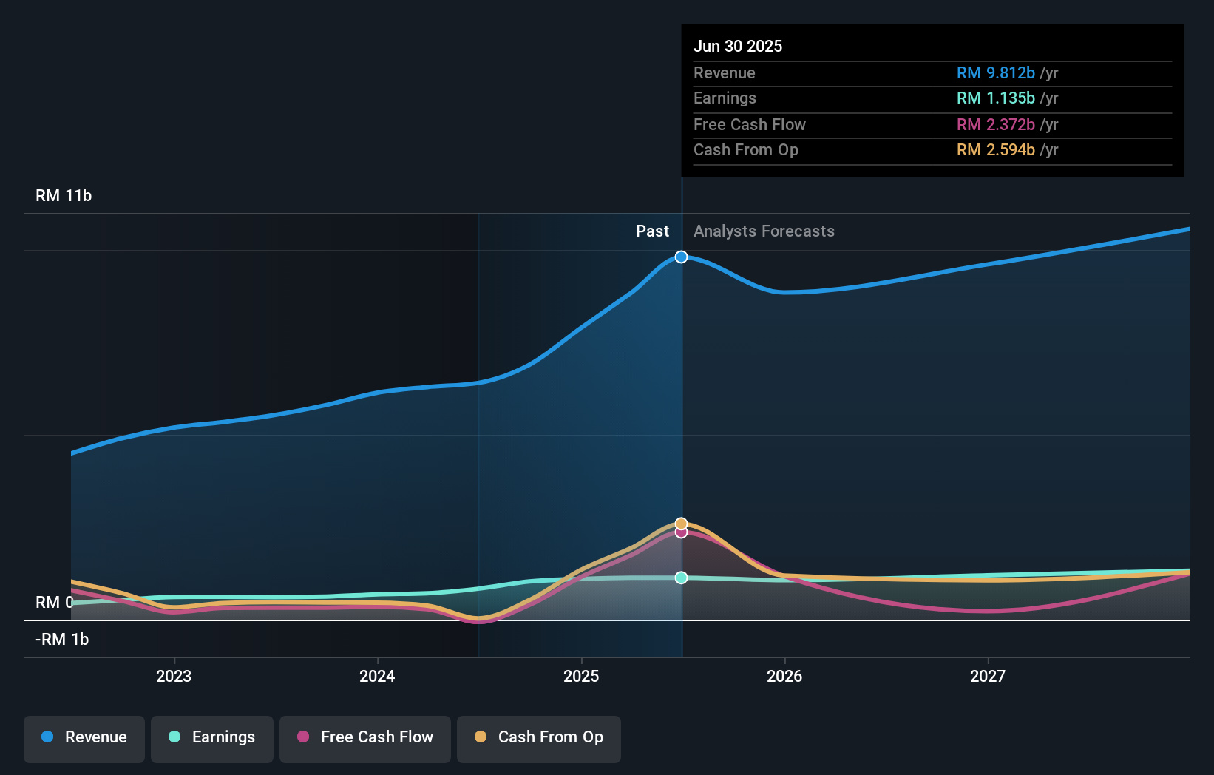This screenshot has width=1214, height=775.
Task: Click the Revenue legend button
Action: (x=84, y=738)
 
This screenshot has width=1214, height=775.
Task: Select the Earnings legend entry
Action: (x=212, y=738)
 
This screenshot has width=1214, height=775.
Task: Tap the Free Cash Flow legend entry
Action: (x=365, y=738)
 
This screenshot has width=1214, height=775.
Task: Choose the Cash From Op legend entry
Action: (x=539, y=738)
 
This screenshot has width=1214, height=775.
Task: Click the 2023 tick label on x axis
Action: (x=174, y=676)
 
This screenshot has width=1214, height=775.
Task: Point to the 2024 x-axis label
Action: (x=377, y=676)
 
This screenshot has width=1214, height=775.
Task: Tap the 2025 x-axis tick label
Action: (x=581, y=676)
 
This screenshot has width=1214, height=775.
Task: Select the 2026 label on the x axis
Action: (x=784, y=676)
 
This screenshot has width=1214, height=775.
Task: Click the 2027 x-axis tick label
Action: (x=988, y=676)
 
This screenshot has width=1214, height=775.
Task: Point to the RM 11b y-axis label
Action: (x=64, y=196)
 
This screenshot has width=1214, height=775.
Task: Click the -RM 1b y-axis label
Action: (x=62, y=640)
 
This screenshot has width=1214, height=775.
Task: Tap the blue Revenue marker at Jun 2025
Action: (x=682, y=257)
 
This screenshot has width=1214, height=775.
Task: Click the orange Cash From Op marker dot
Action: (x=682, y=524)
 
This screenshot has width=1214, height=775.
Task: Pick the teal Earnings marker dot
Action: (x=682, y=578)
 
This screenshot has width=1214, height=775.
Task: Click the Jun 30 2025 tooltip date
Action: (x=738, y=46)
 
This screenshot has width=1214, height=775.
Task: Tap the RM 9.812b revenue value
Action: (x=995, y=72)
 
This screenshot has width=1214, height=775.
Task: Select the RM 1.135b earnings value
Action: (x=995, y=98)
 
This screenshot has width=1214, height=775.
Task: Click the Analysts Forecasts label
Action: (x=764, y=231)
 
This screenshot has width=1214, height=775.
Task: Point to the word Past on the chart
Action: (x=652, y=231)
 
